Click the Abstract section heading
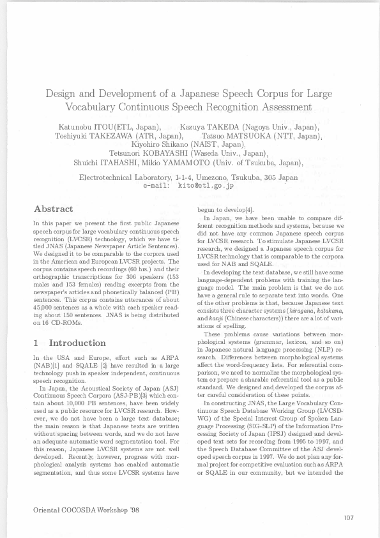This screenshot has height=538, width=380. pos(53,209)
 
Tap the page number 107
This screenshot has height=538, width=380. pos(347,517)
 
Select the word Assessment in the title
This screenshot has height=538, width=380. pos(284,107)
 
